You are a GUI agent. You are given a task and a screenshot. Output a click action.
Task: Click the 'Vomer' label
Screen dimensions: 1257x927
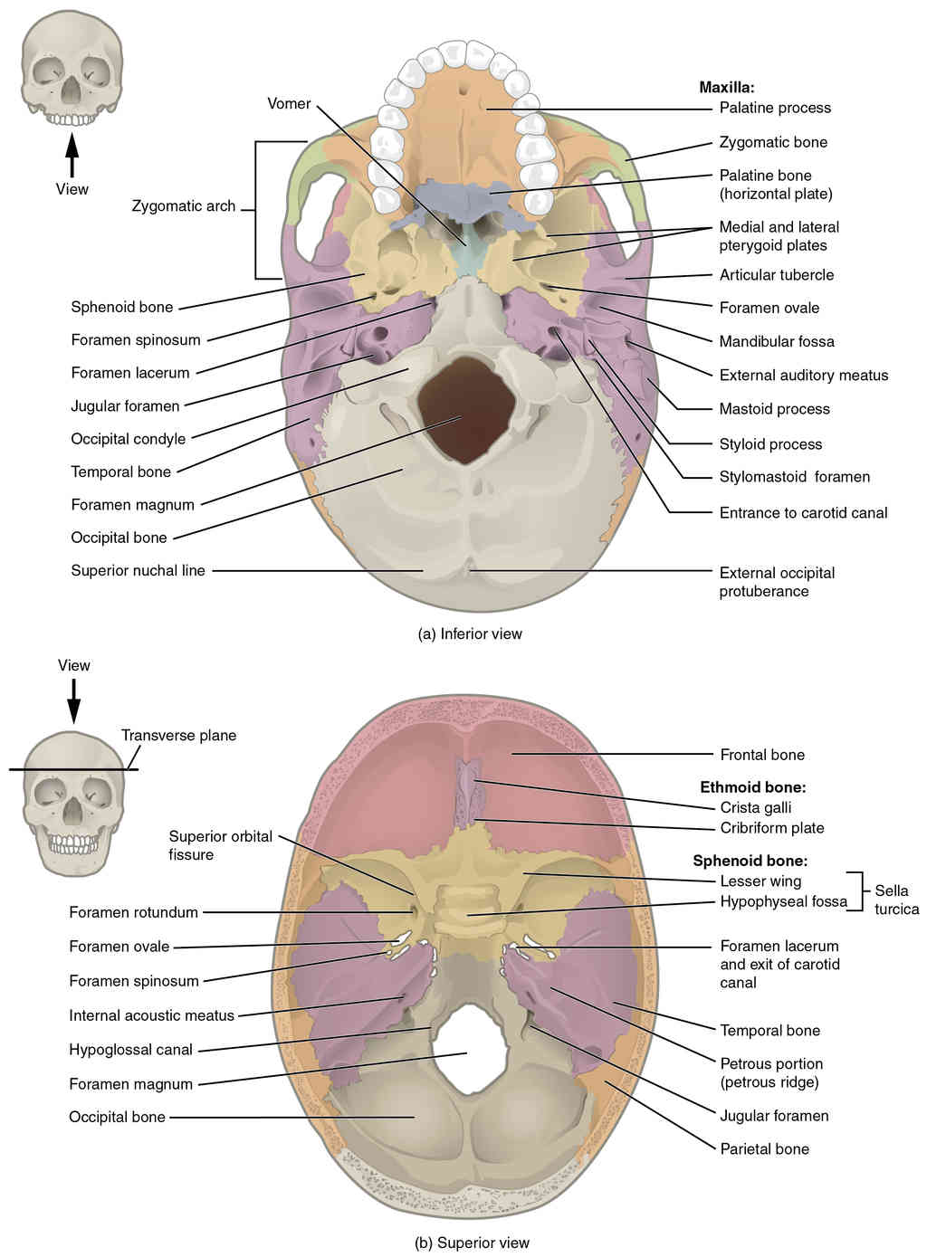pyautogui.click(x=289, y=103)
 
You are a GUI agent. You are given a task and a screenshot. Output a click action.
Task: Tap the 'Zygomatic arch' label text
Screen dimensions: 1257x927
pyautogui.click(x=183, y=205)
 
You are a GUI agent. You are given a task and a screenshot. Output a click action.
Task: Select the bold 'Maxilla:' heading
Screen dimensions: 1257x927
pyautogui.click(x=726, y=88)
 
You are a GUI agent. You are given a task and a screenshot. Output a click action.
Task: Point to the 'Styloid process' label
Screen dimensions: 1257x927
pyautogui.click(x=770, y=443)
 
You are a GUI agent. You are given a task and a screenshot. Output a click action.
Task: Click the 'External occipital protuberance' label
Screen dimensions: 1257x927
pyautogui.click(x=776, y=581)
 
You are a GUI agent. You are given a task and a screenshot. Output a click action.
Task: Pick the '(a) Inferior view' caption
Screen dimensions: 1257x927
pyautogui.click(x=470, y=633)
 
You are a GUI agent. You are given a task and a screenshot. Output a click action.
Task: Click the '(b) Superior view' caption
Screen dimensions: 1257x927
pyautogui.click(x=472, y=1243)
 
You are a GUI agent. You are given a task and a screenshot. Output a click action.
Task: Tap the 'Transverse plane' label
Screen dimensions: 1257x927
pyautogui.click(x=178, y=735)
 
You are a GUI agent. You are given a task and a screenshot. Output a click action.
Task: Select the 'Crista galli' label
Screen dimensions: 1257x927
pyautogui.click(x=756, y=807)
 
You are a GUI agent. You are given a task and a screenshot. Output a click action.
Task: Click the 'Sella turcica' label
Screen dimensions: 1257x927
pyautogui.click(x=895, y=900)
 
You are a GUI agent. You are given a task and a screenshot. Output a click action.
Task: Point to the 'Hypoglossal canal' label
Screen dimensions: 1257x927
pyautogui.click(x=130, y=1050)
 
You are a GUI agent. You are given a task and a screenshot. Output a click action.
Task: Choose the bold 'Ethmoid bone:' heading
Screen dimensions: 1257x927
pyautogui.click(x=752, y=787)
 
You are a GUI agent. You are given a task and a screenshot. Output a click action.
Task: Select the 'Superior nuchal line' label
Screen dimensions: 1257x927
pyautogui.click(x=138, y=570)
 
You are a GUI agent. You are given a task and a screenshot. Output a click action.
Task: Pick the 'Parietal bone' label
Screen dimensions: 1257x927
pyautogui.click(x=764, y=1148)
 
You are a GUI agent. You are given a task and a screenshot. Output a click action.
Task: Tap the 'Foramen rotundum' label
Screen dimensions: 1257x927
pyautogui.click(x=133, y=912)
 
